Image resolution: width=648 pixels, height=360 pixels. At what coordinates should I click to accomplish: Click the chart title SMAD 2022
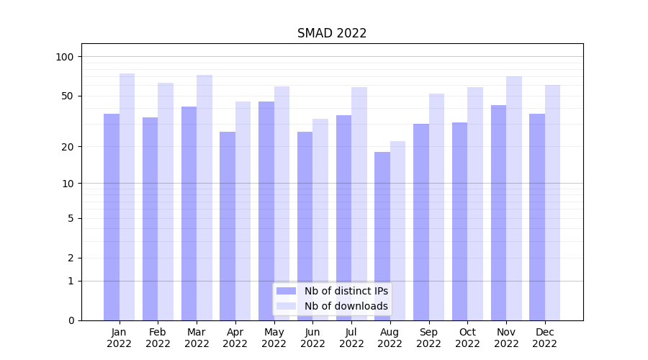[332, 34]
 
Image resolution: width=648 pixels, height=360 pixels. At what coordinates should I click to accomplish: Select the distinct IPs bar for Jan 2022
[112, 216]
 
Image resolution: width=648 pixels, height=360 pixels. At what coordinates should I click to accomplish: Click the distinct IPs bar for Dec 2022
[537, 216]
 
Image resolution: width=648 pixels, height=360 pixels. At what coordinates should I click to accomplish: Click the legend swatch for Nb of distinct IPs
[286, 291]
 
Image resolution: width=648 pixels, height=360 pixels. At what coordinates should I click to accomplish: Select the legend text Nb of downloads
[346, 306]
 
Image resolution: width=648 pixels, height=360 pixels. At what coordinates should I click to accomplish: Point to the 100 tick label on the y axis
[65, 57]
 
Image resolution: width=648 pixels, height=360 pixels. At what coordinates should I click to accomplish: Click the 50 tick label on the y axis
[68, 96]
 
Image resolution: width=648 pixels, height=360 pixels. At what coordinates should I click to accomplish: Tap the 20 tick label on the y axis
[68, 147]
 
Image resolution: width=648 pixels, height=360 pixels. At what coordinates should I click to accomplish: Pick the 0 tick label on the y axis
[71, 320]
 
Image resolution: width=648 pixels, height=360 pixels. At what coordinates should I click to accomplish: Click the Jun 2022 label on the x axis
[312, 338]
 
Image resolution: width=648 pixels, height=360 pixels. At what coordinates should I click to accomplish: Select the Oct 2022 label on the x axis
[467, 338]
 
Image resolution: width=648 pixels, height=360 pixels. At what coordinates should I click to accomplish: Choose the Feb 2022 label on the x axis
[158, 338]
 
